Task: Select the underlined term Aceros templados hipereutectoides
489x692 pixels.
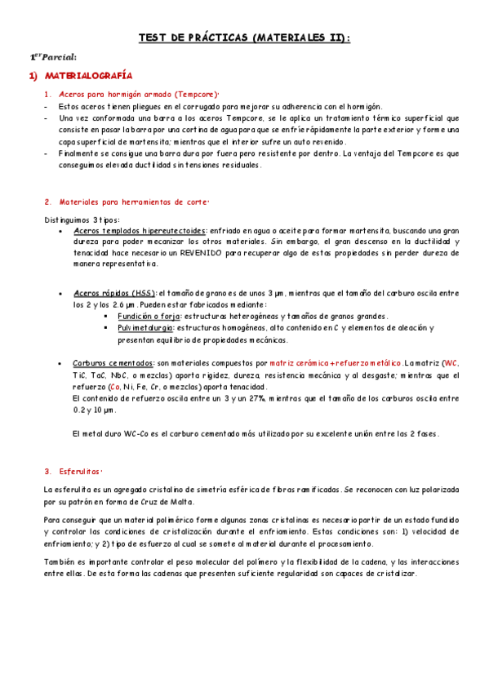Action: [140, 231]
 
